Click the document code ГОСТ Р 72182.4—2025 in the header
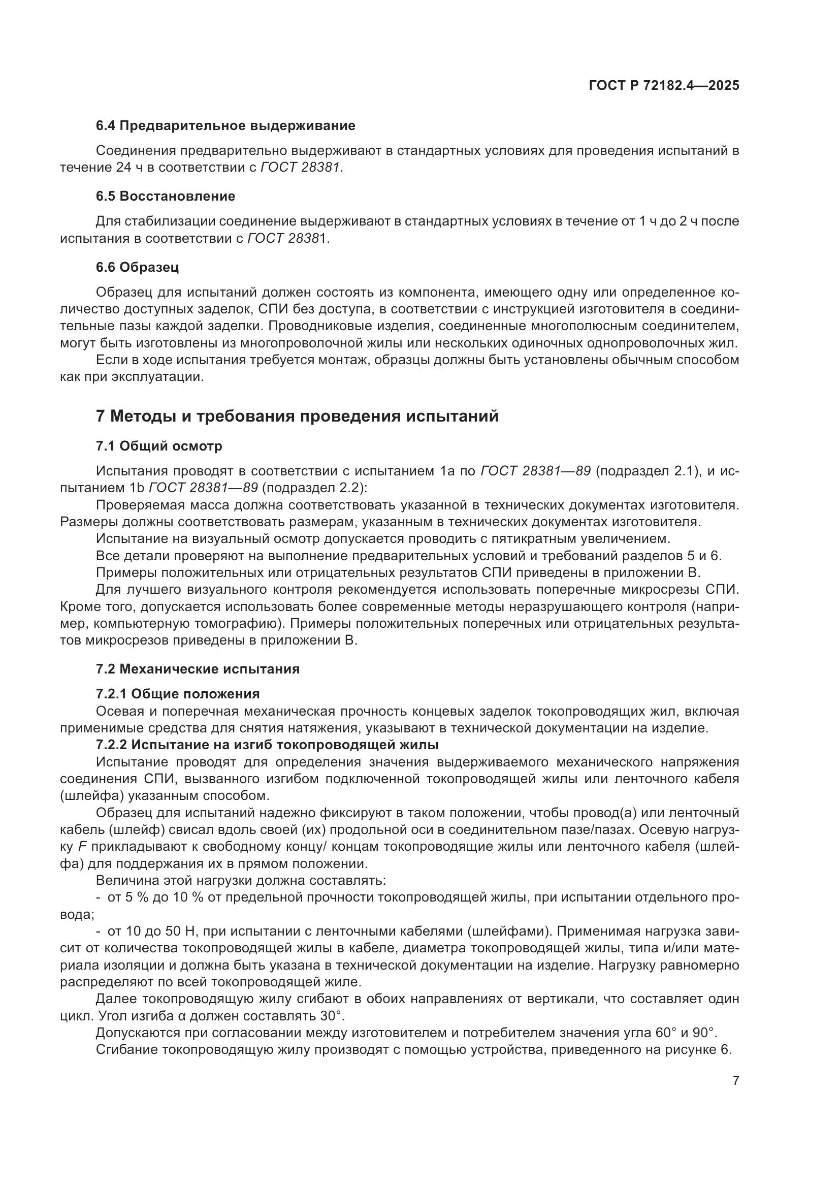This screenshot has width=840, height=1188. pyautogui.click(x=664, y=86)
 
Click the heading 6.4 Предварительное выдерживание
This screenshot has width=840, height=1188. pyautogui.click(x=225, y=126)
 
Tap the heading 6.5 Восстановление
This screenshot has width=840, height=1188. pyautogui.click(x=166, y=196)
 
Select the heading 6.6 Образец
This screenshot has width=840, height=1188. pyautogui.click(x=137, y=267)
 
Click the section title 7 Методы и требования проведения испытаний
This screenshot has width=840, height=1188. pyautogui.click(x=297, y=416)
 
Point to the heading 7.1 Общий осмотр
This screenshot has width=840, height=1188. pyautogui.click(x=159, y=445)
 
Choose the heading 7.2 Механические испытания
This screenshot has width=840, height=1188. pyautogui.click(x=198, y=669)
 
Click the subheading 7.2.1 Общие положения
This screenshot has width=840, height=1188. pyautogui.click(x=177, y=693)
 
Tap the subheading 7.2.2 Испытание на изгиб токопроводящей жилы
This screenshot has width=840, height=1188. pyautogui.click(x=267, y=745)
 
